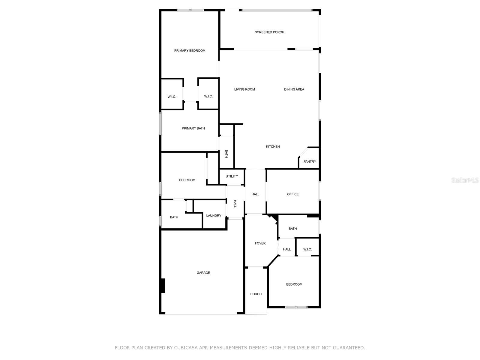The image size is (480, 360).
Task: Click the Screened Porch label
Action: coord(269,32)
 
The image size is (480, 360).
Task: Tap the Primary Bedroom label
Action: coord(190,51)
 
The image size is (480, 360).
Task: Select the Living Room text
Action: coord(244,89)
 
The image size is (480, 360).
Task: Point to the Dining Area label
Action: coord(294,89)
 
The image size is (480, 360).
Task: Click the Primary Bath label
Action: coord(193,128)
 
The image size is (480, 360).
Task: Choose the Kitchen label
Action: coord(273,147)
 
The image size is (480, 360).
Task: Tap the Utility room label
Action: coord(232,176)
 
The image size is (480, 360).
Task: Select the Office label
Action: coord(293,194)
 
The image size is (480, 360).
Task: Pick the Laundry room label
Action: coord(214,216)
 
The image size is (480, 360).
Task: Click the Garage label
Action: coord(203,273)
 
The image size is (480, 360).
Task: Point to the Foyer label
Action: coord(260,243)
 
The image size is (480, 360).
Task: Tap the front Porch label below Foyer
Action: coord(256,294)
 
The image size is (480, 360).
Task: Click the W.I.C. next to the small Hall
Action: coord(307,249)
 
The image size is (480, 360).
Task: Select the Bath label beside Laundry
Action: coord(174,217)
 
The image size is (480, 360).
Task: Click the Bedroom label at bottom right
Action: coord(294,284)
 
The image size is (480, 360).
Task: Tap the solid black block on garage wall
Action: coord(163,286)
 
